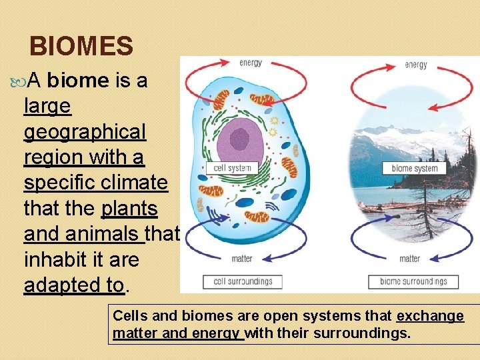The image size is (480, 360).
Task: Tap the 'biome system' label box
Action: pos(415,169)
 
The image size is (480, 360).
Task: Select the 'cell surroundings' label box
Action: pos(243,281)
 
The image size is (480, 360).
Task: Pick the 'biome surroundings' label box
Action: pos(413,281)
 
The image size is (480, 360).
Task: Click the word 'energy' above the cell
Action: pos(251,63)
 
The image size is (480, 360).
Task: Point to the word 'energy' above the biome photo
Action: pos(417,65)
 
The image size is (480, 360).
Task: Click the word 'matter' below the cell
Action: pos(241,259)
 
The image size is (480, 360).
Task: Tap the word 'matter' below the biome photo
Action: pos(409,259)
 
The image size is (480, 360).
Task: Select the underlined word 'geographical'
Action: pos(85,132)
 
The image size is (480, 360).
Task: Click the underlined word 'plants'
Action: pos(129,209)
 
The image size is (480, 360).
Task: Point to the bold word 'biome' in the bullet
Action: pos(78,81)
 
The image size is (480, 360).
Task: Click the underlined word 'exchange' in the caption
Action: pos(430,316)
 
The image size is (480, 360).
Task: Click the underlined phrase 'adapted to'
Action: pos(73,285)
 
